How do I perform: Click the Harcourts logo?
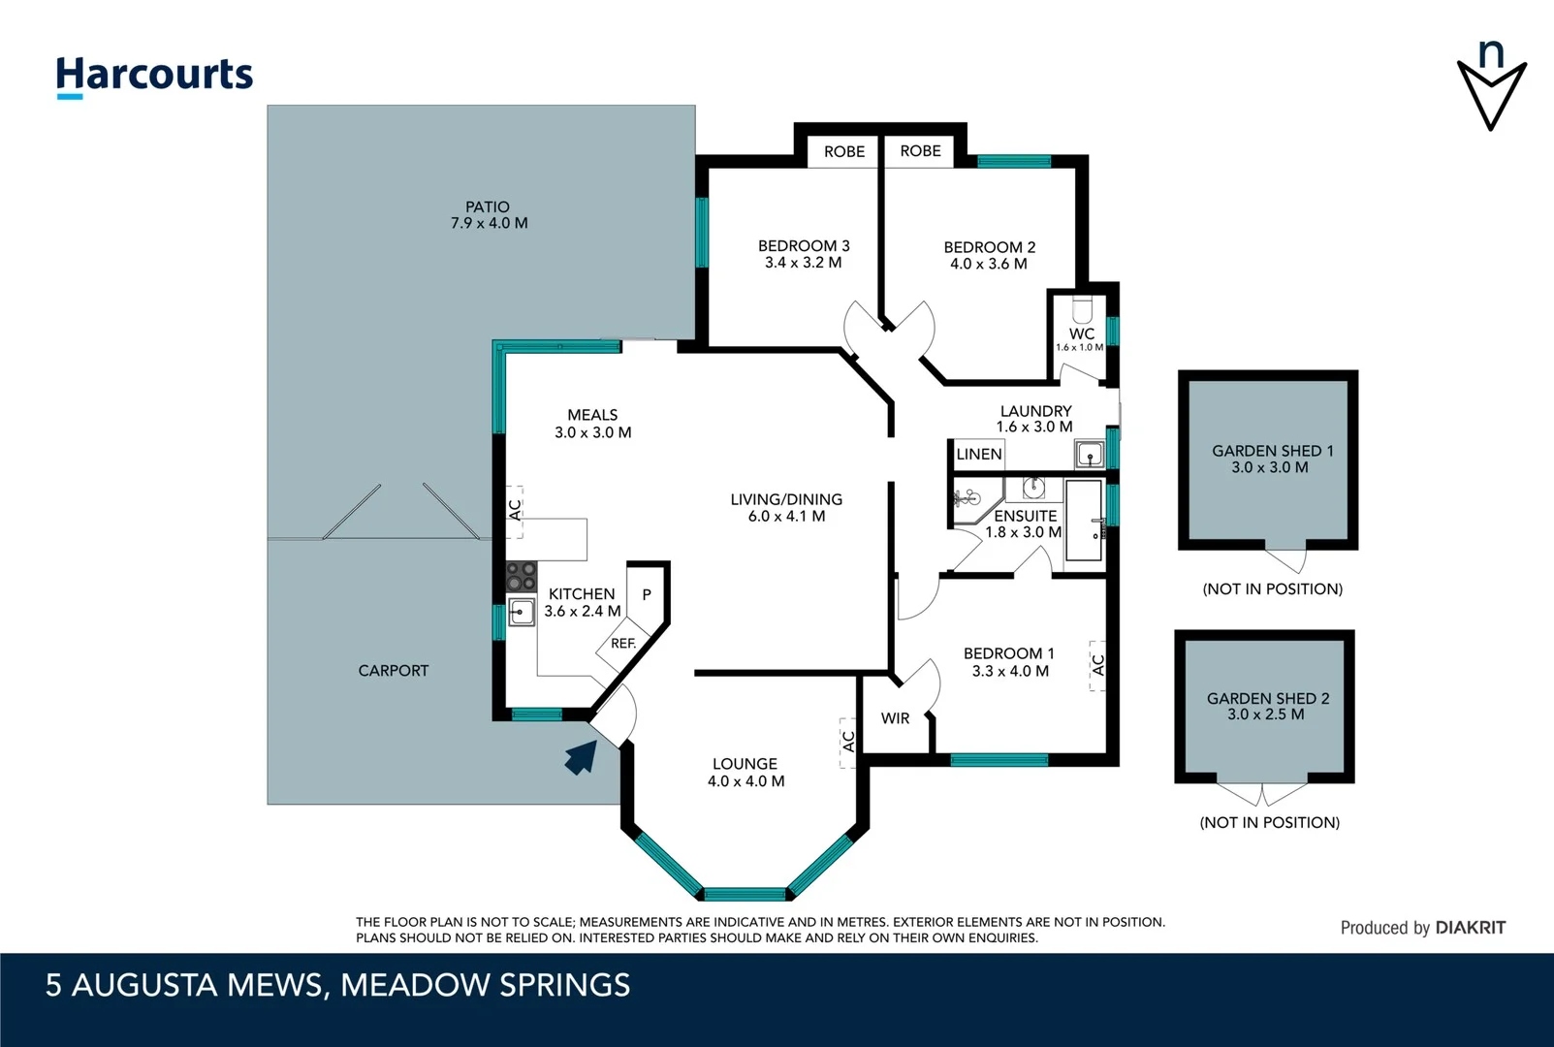(154, 77)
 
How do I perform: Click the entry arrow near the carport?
(582, 757)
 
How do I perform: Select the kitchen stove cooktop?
(521, 577)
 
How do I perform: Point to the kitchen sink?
(521, 612)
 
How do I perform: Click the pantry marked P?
(647, 594)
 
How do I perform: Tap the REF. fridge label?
(623, 643)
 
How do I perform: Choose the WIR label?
(895, 718)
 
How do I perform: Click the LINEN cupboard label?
(979, 455)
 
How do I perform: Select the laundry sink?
(1090, 455)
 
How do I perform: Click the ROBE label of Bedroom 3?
(844, 152)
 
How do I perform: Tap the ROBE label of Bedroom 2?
(921, 151)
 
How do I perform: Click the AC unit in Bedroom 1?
(1097, 665)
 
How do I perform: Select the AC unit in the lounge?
(847, 743)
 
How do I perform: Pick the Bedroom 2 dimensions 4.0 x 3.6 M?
(989, 265)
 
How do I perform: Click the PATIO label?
(487, 206)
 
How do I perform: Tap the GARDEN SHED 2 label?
(1268, 699)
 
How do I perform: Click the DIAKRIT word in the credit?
(1471, 928)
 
